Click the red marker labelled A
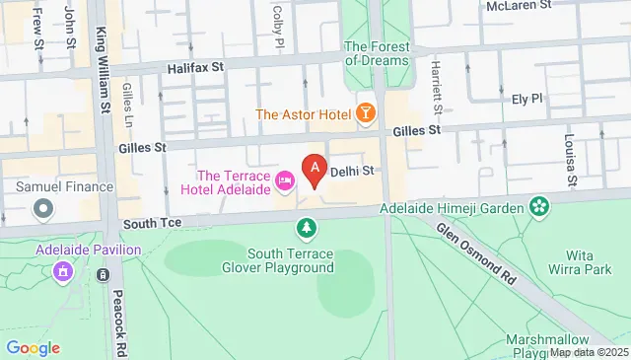pyautogui.click(x=315, y=171)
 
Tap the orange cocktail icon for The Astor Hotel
pyautogui.click(x=365, y=114)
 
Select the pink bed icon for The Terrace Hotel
pyautogui.click(x=286, y=180)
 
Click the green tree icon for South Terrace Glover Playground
pyautogui.click(x=308, y=229)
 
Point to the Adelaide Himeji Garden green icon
pyautogui.click(x=538, y=206)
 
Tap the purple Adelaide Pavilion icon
pyautogui.click(x=63, y=270)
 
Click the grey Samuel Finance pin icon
pyautogui.click(x=42, y=208)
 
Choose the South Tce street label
pyautogui.click(x=148, y=224)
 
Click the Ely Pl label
pyautogui.click(x=526, y=99)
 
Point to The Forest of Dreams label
pyautogui.click(x=376, y=52)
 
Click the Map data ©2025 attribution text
pyautogui.click(x=588, y=352)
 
